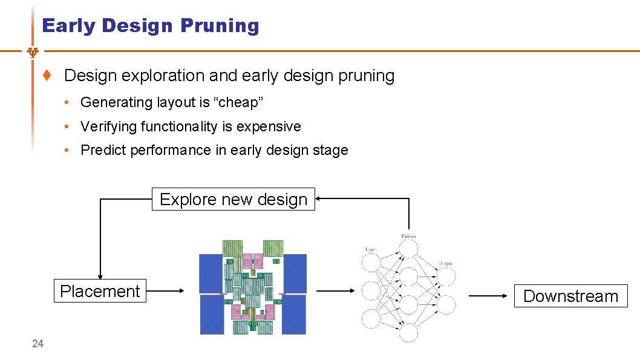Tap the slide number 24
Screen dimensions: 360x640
[x=38, y=344]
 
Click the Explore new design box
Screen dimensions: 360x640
[x=233, y=199]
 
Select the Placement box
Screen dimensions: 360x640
[x=100, y=291]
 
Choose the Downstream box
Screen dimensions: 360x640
[x=570, y=296]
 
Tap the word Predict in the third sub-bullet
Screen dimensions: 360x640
[x=101, y=150]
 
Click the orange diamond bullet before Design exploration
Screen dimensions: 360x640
[x=47, y=76]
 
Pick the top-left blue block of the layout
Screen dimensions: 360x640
[x=211, y=273]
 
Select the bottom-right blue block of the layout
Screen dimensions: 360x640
[x=294, y=314]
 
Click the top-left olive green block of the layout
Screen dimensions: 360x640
[x=232, y=247]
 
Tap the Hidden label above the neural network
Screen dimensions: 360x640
[x=408, y=235]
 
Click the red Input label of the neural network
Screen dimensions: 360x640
[x=371, y=248]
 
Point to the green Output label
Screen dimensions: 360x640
[x=446, y=263]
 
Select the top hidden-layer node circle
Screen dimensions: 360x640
[x=408, y=249]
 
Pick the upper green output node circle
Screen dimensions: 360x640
[x=446, y=277]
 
